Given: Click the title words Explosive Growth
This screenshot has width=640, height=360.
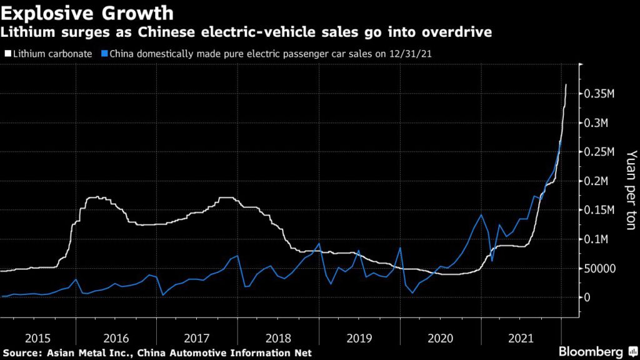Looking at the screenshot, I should [87, 12].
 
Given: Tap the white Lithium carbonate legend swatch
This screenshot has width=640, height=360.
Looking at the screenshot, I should [6, 54].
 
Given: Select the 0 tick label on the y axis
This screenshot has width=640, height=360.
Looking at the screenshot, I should [588, 297].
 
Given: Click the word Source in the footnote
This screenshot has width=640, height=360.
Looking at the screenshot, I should [19, 353].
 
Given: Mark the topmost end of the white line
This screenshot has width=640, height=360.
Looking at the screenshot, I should [566, 84].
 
